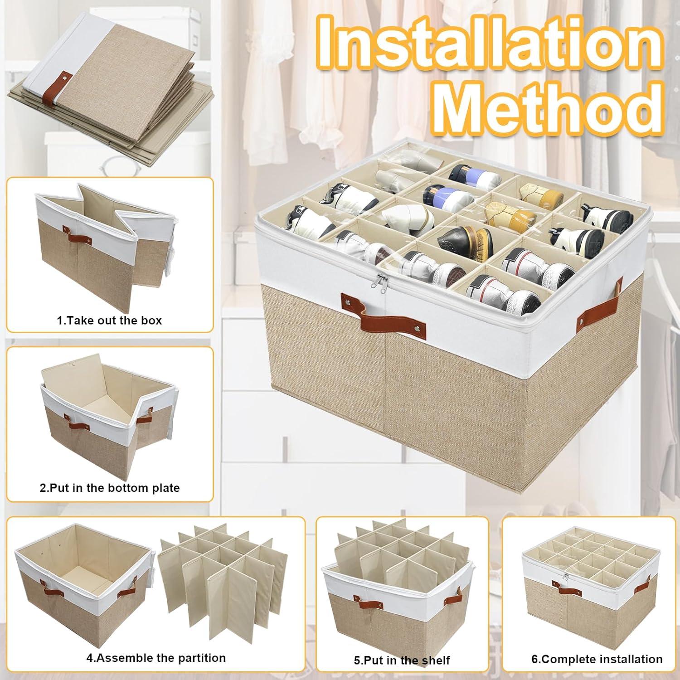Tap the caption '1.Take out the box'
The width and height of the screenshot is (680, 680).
point(109,321)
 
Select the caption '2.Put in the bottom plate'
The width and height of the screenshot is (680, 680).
point(110,488)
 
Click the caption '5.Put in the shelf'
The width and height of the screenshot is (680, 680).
point(402,660)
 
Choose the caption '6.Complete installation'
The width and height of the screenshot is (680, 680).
point(597,659)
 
